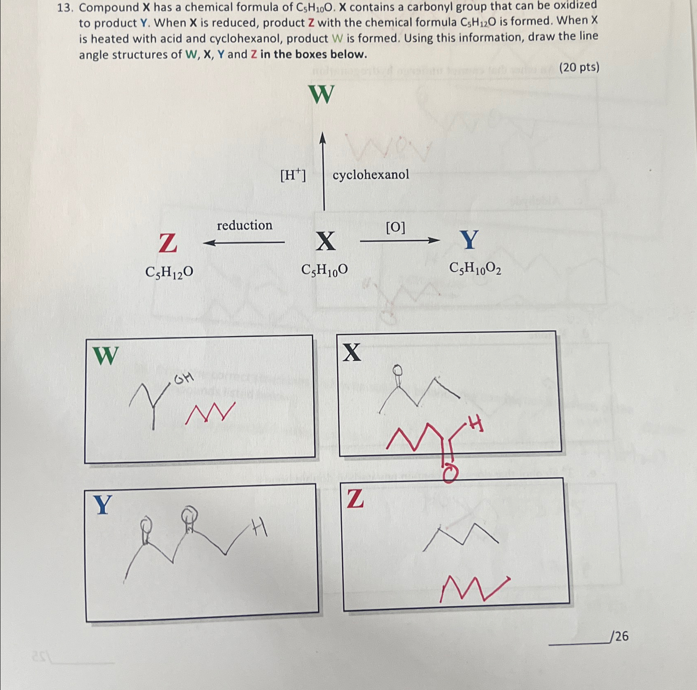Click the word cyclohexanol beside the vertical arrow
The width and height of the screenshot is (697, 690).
point(370,175)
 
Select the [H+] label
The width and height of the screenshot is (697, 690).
point(293,176)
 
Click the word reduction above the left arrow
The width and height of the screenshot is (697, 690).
point(245,225)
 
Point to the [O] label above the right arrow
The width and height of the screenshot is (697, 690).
point(395,227)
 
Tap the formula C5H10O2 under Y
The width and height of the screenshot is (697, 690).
point(475,269)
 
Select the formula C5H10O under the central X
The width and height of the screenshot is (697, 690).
point(325,270)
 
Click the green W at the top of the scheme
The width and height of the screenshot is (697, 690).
point(322,94)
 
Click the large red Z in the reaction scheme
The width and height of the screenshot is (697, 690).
point(168,243)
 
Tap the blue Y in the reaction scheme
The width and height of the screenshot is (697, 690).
point(469,240)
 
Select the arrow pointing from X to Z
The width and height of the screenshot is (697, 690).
point(244,242)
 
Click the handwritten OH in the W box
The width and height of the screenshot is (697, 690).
point(183,379)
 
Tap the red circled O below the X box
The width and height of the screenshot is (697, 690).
point(450,475)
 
